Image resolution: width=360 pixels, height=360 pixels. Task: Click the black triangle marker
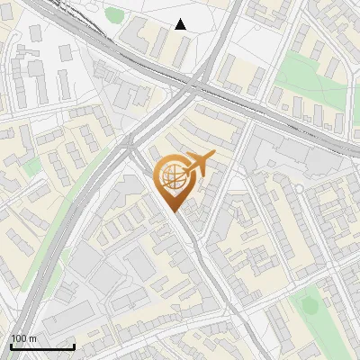pyautogui.click(x=181, y=24)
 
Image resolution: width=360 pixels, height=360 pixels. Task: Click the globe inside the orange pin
pyautogui.click(x=173, y=178)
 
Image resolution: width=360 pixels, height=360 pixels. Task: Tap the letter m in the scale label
pyautogui.click(x=32, y=338)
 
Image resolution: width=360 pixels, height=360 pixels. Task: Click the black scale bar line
pyautogui.click(x=42, y=346)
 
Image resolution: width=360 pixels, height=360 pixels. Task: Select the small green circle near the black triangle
pyautogui.click(x=114, y=14)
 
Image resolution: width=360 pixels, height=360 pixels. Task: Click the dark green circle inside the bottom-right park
pyautogui.click(x=310, y=305)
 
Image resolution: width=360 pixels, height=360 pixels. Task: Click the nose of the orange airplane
pyautogui.click(x=212, y=158)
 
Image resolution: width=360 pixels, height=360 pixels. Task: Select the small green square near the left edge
pyautogui.click(x=32, y=167)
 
